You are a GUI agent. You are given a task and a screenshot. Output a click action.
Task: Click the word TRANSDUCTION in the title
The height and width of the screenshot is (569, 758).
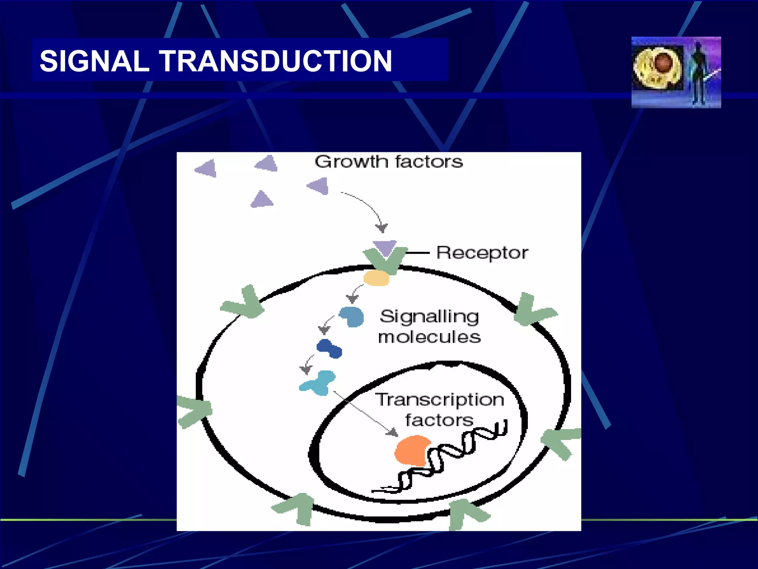[x=275, y=61]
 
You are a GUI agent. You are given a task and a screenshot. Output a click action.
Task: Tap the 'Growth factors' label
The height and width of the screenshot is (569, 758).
[x=389, y=162]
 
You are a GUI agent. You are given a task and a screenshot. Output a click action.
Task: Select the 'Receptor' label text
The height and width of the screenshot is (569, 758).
[x=482, y=253]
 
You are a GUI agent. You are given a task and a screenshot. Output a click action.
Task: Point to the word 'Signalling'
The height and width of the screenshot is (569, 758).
[x=429, y=317]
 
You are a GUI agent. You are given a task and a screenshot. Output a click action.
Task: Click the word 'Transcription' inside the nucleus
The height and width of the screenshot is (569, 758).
[x=440, y=400]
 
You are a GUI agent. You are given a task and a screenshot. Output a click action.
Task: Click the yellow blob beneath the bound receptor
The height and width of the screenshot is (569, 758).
[x=376, y=278]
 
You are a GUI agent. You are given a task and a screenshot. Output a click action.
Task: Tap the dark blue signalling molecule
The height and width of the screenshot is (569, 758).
[x=329, y=349]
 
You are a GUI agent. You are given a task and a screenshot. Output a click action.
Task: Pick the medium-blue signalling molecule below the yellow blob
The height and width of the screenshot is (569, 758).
[x=352, y=317]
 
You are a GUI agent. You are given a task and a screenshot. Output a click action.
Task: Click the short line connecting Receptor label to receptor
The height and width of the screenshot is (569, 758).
[x=418, y=253]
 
